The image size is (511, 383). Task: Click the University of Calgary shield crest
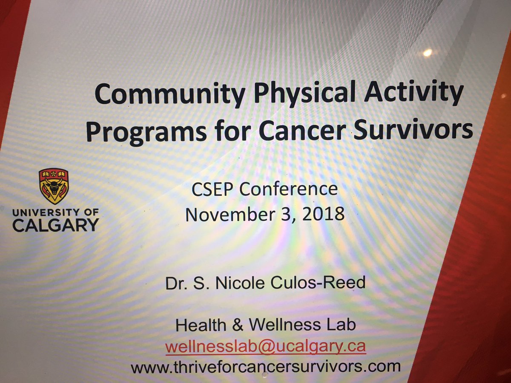coord(54,186)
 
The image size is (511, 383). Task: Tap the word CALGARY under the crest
coord(55,224)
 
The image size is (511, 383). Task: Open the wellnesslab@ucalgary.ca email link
coord(266,346)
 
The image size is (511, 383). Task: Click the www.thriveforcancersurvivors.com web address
coord(266,366)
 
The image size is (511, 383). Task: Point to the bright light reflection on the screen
coord(427,52)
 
